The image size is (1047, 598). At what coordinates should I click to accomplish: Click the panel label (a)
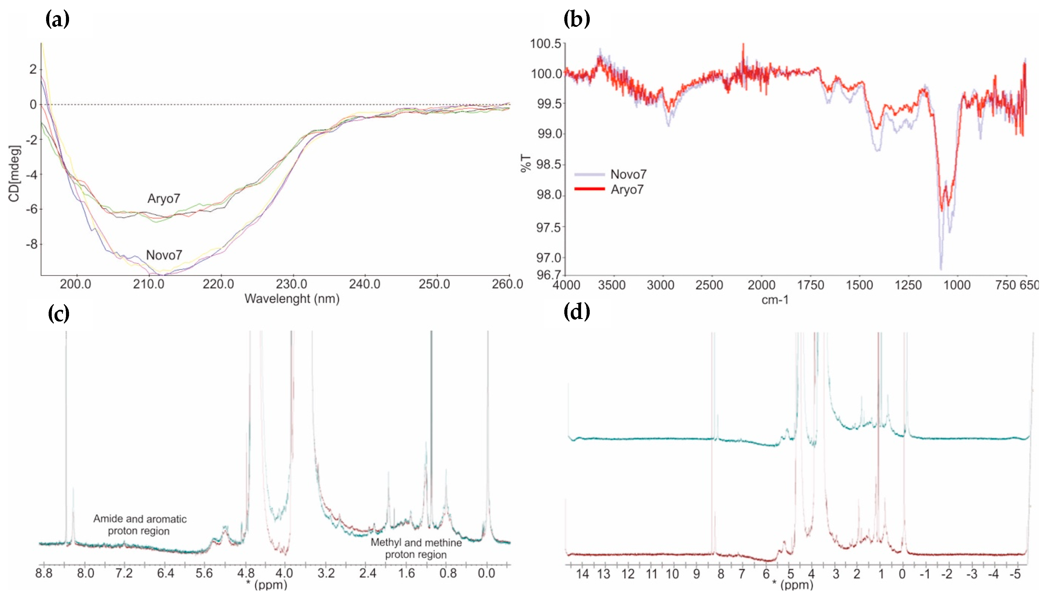coord(58,19)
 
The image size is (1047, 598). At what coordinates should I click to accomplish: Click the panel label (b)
coord(577,19)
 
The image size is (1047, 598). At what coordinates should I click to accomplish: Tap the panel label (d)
coord(577,312)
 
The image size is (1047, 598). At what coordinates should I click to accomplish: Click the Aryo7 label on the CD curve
coord(164,199)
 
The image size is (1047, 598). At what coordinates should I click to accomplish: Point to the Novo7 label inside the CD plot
coord(164,255)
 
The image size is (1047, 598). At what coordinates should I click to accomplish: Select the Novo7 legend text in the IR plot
coord(628,174)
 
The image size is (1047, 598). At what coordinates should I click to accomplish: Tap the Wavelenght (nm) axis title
coord(292,299)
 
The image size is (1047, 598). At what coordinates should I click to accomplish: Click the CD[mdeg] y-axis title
coord(14,173)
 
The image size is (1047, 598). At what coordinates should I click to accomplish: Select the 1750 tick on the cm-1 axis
coord(810,285)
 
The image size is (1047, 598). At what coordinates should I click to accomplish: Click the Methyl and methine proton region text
coord(416,548)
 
